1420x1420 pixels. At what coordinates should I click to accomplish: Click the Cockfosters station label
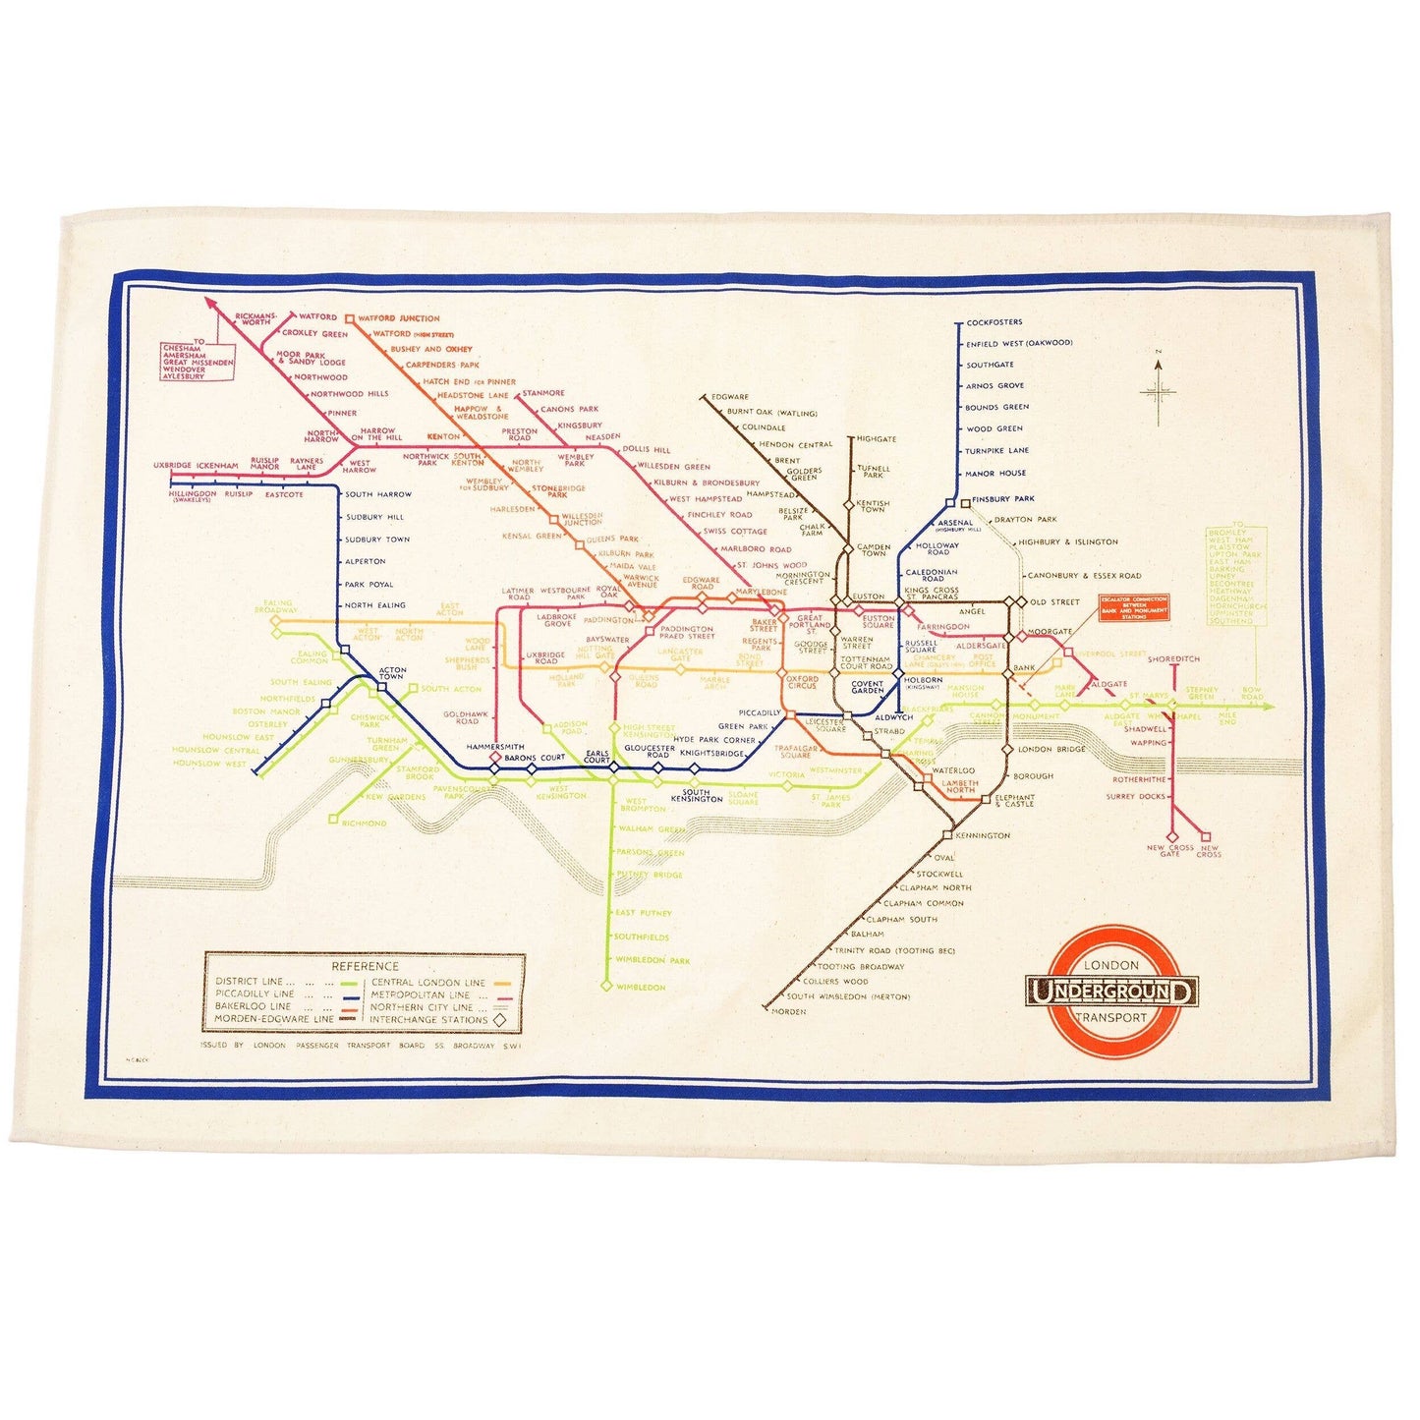click(994, 322)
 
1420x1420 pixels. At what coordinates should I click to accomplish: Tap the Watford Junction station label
click(398, 318)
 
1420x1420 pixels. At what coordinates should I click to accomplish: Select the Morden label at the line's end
click(789, 1011)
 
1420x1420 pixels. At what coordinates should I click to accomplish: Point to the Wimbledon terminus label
click(640, 987)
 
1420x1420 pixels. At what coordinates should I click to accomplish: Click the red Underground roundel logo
click(1111, 993)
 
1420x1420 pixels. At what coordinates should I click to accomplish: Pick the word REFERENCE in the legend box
click(365, 966)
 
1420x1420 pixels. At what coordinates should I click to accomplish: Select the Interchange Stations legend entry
click(428, 1019)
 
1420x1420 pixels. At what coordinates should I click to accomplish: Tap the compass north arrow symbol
click(1159, 390)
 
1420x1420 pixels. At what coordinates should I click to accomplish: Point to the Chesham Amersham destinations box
click(199, 360)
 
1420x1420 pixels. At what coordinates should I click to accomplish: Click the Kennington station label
click(982, 835)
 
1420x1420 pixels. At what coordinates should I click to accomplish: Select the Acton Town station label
click(391, 673)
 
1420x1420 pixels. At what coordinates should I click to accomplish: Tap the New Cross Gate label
click(1169, 850)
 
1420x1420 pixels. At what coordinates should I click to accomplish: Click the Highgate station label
click(876, 439)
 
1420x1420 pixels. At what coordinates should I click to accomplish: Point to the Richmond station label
click(364, 823)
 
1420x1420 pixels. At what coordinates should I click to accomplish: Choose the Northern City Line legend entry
click(422, 1006)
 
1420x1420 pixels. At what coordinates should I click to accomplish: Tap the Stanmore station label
click(543, 393)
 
